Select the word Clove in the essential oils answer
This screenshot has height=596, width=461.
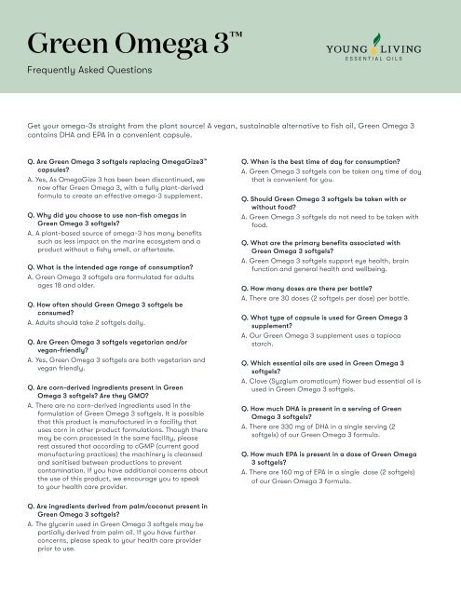[263, 379]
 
